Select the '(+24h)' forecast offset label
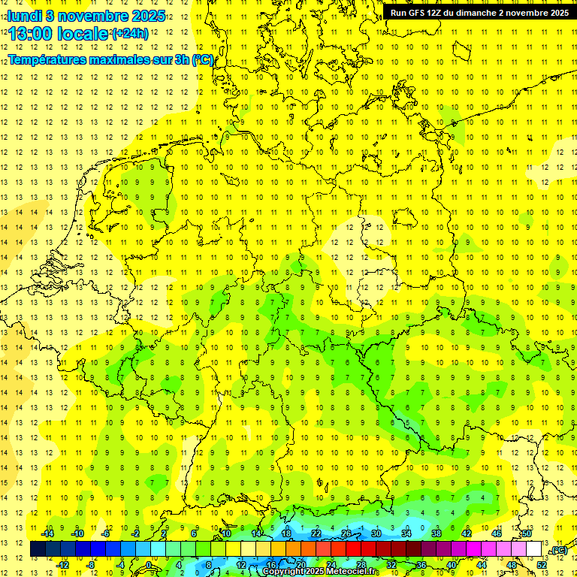pyautogui.click(x=130, y=34)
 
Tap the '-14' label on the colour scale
pyautogui.click(x=48, y=533)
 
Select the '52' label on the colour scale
pyautogui.click(x=542, y=565)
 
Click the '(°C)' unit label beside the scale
pyautogui.click(x=558, y=551)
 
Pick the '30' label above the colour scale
pyautogui.click(x=376, y=533)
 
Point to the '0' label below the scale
pyautogui.click(x=149, y=565)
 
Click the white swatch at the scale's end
pyautogui.click(x=534, y=549)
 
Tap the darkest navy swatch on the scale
pyautogui.click(x=38, y=549)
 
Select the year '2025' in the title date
pyautogui.click(x=148, y=17)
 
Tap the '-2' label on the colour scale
pyautogui.click(x=135, y=533)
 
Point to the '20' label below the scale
pyautogui.click(x=301, y=565)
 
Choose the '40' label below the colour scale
pyautogui.click(x=452, y=565)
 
